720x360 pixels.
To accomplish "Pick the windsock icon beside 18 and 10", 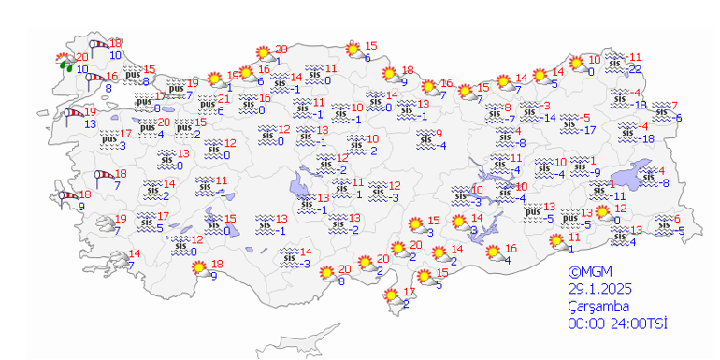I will click(97, 45).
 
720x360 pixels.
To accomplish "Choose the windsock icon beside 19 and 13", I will click(72, 115).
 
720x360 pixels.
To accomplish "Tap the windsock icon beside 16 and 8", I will click(94, 79).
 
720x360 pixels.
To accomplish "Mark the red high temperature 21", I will click(223, 99).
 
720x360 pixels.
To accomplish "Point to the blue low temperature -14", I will click(551, 118).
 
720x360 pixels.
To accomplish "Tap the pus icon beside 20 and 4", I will click(146, 127).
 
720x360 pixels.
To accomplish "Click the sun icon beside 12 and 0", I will click(603, 213).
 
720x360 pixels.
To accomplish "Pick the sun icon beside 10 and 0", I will click(578, 65).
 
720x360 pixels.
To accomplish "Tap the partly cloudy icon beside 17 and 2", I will click(393, 297).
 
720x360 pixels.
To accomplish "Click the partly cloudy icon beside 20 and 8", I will click(327, 274).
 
